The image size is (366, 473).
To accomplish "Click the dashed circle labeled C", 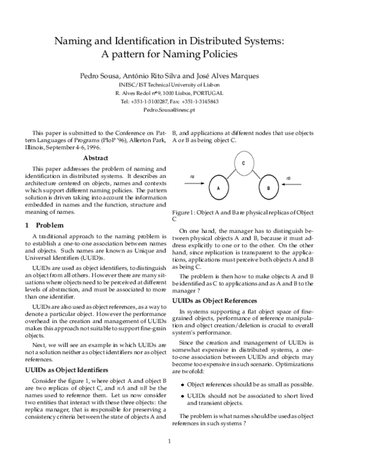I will [x=243, y=163].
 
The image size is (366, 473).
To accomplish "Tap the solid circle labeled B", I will [x=268, y=188].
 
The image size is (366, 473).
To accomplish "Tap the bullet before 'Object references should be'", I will [x=183, y=385].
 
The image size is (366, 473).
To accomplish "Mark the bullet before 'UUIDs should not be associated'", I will [x=183, y=396].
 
